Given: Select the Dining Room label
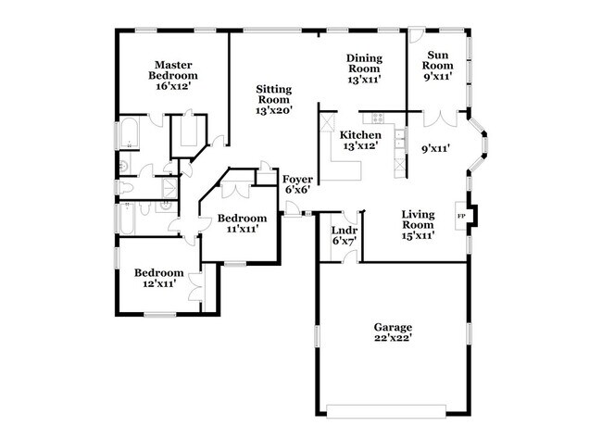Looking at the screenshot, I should (x=364, y=69).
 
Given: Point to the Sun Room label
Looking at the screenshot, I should (x=437, y=66).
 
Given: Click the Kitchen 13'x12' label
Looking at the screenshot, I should (x=361, y=140).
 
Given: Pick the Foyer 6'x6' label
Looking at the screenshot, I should (x=296, y=183).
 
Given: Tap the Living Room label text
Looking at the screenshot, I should (x=417, y=225).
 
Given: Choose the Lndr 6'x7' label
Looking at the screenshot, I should (x=345, y=235).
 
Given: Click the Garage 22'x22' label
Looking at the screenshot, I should (x=393, y=333).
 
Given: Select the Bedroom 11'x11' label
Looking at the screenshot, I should (x=237, y=223).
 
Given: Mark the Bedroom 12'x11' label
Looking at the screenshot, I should (x=158, y=279).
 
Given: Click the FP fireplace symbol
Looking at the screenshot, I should (x=461, y=216).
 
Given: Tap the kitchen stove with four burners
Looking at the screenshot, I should (x=378, y=119).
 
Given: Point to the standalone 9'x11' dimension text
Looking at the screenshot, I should (x=435, y=148).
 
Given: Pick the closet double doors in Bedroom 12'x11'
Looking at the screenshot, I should (x=197, y=283).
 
